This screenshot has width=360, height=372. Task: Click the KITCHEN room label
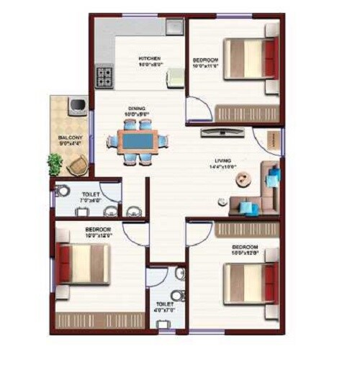pos(149,58)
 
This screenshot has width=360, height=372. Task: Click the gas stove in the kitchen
pos(105,76)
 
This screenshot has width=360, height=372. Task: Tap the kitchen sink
pos(174,27)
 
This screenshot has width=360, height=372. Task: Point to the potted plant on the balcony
pos(55,163)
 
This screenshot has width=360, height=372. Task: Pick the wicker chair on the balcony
pos(78,165)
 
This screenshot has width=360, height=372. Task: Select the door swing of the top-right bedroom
pos(198,109)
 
